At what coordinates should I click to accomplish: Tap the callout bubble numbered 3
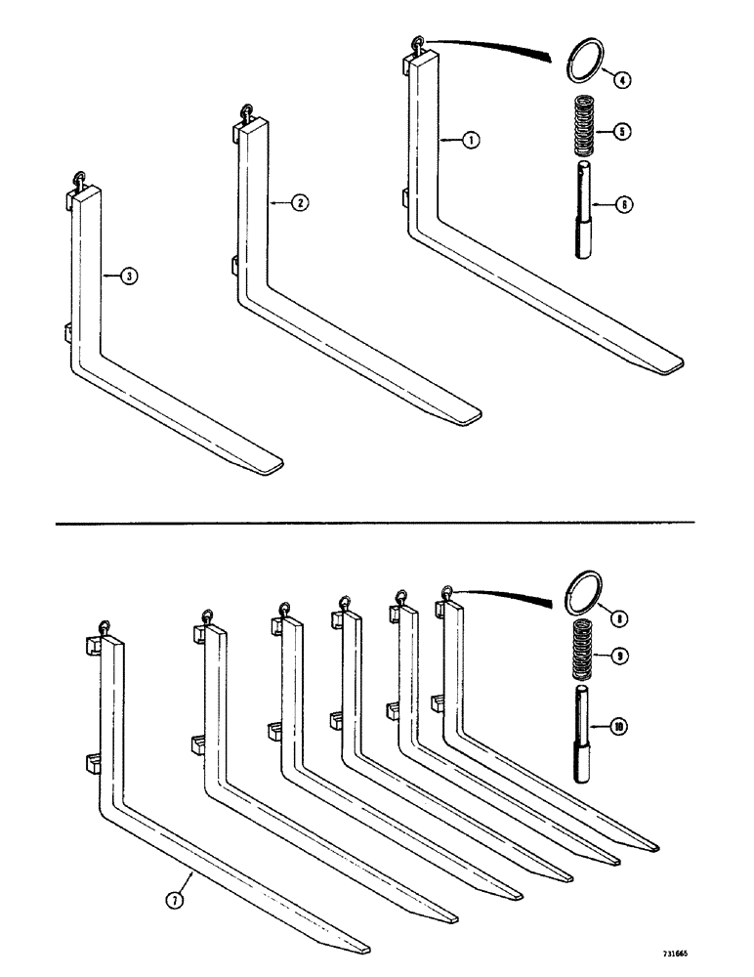(x=129, y=276)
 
